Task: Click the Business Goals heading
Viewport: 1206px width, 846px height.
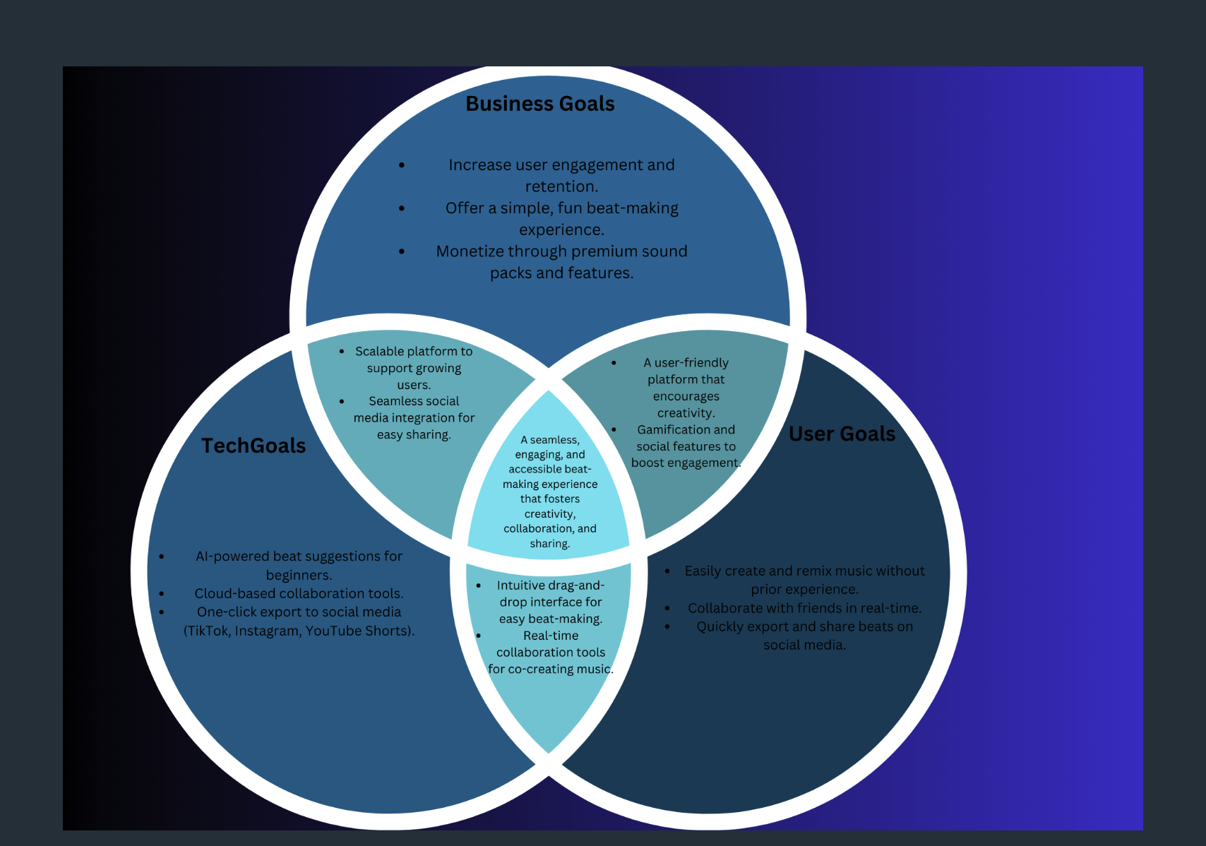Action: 540,104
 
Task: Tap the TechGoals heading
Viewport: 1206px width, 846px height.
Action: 253,446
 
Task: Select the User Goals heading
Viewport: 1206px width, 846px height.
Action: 842,434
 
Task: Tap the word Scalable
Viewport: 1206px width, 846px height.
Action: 379,351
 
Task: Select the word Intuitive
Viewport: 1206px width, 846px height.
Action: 520,585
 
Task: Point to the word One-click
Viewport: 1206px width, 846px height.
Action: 226,612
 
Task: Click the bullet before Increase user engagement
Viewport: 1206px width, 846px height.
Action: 402,165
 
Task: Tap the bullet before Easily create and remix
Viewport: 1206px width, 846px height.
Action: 668,571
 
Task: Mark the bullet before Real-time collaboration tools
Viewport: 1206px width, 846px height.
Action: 479,636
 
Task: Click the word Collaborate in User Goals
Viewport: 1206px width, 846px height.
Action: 725,608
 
